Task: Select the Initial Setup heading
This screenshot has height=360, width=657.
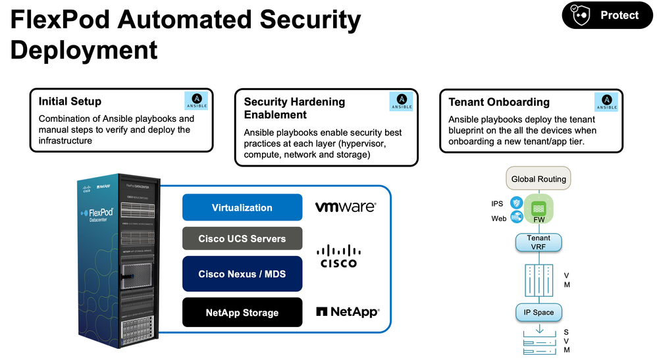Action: click(x=70, y=101)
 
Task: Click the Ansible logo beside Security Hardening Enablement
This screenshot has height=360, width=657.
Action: click(x=402, y=101)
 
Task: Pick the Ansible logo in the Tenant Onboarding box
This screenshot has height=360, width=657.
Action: click(x=606, y=101)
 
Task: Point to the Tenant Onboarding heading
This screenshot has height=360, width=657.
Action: click(x=499, y=102)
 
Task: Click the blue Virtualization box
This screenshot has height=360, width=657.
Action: click(x=242, y=207)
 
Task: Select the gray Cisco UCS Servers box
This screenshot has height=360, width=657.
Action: click(x=242, y=238)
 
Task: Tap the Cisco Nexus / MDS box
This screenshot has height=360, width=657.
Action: click(x=242, y=274)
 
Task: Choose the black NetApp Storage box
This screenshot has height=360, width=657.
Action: click(x=242, y=313)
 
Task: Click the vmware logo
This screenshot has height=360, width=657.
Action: click(x=346, y=207)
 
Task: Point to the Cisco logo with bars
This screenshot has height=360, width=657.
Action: click(x=338, y=256)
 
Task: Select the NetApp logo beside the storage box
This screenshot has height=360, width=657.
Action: click(x=347, y=312)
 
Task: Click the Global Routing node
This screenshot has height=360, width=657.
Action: click(x=539, y=178)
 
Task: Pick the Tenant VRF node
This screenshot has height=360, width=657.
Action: click(x=539, y=242)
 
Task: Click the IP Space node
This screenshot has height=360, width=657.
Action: click(x=539, y=312)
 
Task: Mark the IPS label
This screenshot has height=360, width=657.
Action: click(x=497, y=204)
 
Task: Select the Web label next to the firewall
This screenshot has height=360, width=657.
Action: click(x=498, y=219)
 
